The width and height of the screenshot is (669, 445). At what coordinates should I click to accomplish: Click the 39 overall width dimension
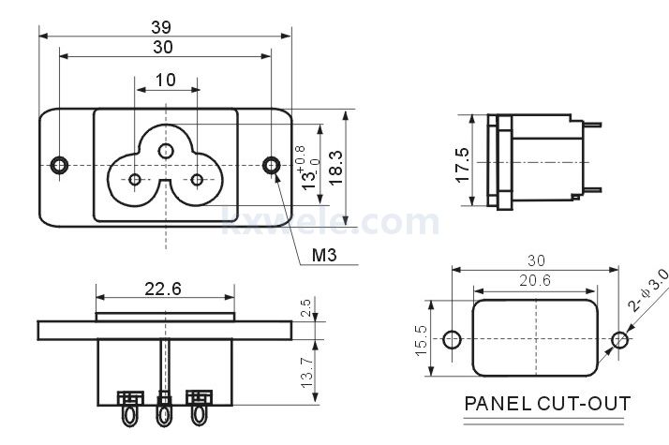(161, 27)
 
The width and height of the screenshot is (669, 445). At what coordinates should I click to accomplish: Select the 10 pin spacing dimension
(166, 80)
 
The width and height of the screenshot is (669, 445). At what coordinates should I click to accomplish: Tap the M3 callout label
(324, 255)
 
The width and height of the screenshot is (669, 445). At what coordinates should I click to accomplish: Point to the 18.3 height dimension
(335, 168)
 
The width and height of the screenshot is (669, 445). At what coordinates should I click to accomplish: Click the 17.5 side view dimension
(462, 165)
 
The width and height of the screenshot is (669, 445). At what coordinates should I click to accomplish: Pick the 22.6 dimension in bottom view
(163, 289)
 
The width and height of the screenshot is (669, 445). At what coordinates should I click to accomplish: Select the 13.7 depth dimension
(306, 372)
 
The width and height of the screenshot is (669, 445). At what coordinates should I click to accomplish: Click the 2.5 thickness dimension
(305, 307)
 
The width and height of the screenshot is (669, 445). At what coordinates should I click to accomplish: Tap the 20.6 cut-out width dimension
(535, 280)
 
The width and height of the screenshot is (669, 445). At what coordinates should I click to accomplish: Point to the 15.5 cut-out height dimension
(421, 340)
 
